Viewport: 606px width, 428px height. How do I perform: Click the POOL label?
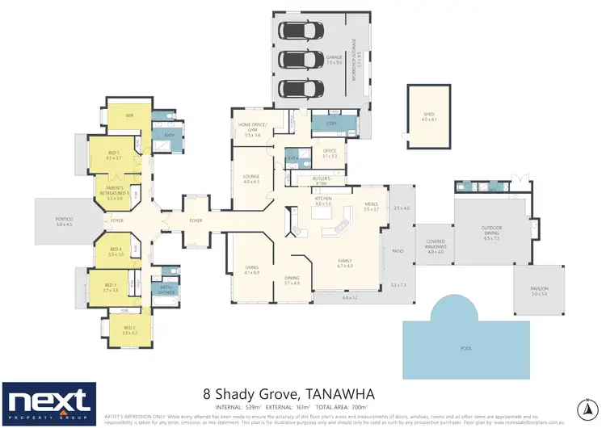click(x=465, y=348)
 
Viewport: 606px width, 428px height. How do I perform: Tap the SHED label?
click(x=428, y=116)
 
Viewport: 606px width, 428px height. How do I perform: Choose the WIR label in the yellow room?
click(x=128, y=116)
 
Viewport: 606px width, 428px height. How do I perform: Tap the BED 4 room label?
click(x=115, y=250)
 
